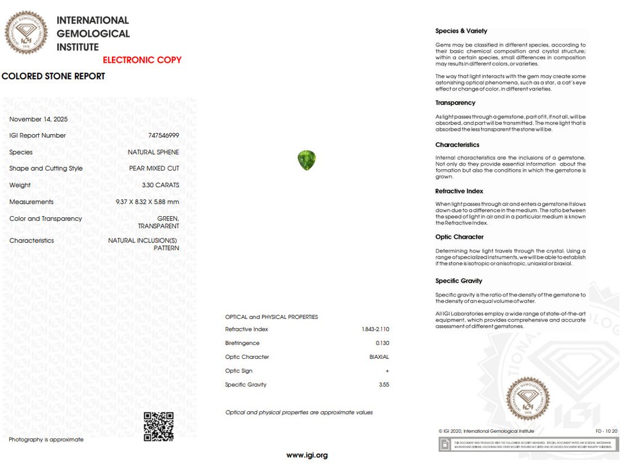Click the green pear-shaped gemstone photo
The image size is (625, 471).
[x=306, y=160]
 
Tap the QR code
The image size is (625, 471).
[x=158, y=426]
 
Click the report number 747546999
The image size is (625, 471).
[x=164, y=135]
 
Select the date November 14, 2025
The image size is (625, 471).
[x=38, y=119]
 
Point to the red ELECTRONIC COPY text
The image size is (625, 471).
[x=142, y=60]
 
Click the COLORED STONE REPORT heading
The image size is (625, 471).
[x=54, y=76]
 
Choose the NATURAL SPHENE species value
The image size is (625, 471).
[x=153, y=152]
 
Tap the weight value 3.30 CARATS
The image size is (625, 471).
[x=160, y=185]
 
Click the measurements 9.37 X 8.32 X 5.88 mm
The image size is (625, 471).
[x=147, y=202]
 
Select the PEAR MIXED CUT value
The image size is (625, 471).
[x=154, y=169]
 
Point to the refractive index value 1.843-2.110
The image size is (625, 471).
[x=375, y=329]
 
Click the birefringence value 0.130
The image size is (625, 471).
[x=382, y=343]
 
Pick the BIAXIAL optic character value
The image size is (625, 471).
[x=379, y=357]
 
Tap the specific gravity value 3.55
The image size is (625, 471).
[x=384, y=385]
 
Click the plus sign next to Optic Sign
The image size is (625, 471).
[x=387, y=371]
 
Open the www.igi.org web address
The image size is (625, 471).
[x=306, y=456]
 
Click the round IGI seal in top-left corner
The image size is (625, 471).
[x=26, y=33]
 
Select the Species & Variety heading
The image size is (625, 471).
[x=461, y=31]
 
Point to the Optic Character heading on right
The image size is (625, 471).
[x=459, y=237]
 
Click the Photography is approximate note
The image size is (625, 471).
[x=46, y=440]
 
